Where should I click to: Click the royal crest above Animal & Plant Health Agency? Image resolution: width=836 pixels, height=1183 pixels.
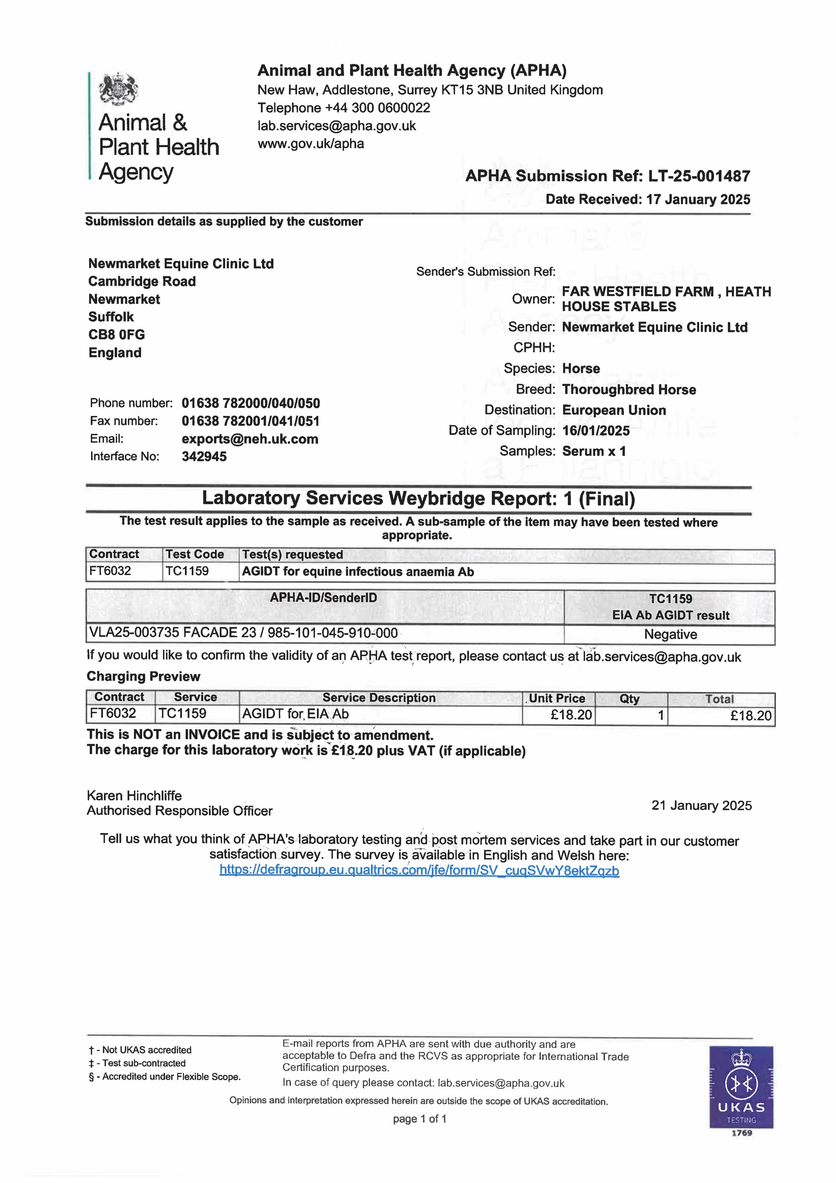(x=118, y=89)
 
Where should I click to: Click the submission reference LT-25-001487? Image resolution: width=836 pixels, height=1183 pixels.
(x=699, y=176)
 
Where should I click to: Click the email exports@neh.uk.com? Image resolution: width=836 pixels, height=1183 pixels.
(x=250, y=439)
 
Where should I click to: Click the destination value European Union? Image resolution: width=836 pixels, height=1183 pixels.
(x=614, y=410)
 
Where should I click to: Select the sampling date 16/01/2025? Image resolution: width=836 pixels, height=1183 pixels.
(x=596, y=431)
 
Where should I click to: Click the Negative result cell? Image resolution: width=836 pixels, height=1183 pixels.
(x=670, y=634)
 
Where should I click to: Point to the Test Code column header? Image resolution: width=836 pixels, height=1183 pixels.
(x=195, y=554)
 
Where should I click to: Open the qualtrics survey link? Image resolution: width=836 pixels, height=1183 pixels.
(x=419, y=871)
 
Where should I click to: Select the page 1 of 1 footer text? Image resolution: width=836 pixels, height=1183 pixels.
(x=419, y=1119)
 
